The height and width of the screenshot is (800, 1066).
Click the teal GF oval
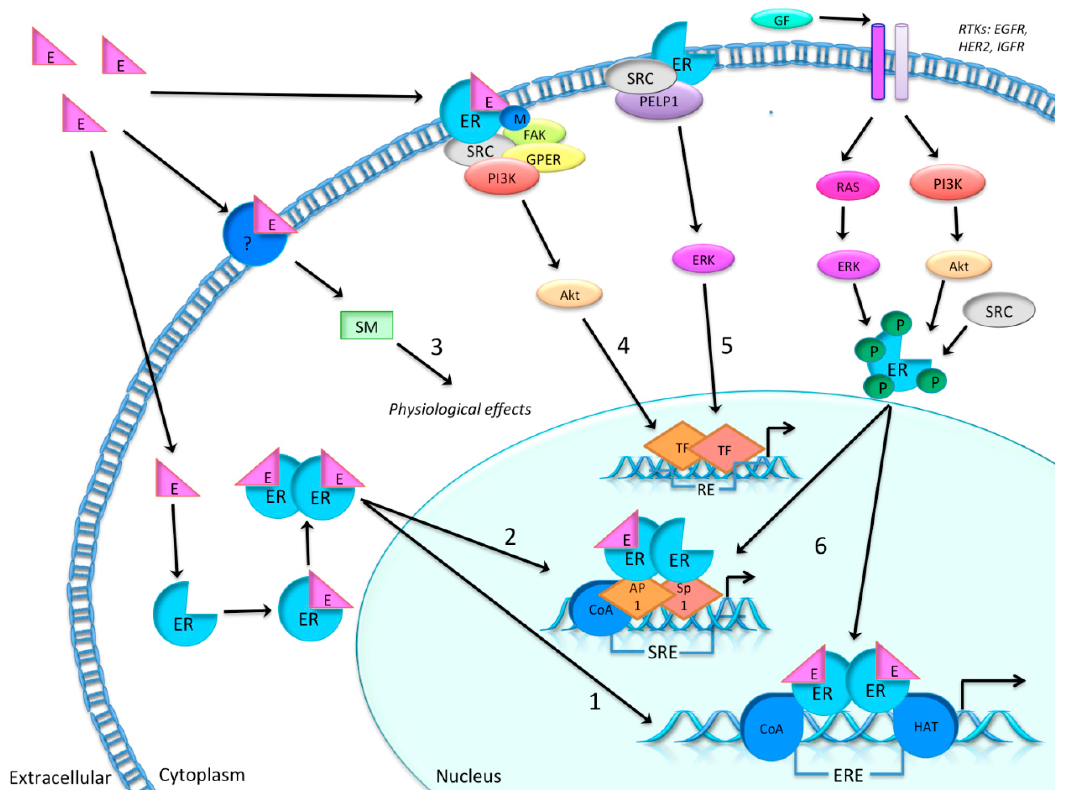point(782,20)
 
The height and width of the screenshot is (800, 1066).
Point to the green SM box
point(367,325)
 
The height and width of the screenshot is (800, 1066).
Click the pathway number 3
point(437,347)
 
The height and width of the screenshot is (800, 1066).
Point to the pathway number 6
point(821,546)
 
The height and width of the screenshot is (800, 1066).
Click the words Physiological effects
point(460,409)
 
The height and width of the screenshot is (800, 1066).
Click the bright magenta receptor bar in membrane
point(878,62)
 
